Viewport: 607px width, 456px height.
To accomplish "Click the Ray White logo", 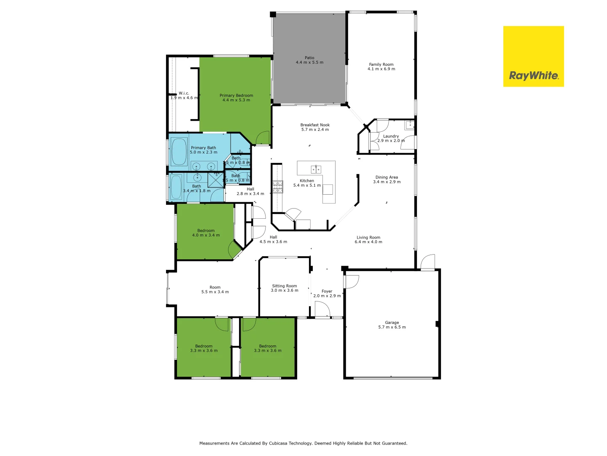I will click(533, 57).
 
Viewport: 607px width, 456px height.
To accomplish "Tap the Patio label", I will click(309, 60).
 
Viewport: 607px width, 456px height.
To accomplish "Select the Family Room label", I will click(381, 67).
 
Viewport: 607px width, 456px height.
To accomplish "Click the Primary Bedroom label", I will click(236, 98).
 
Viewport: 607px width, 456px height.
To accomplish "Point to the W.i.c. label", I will click(184, 95).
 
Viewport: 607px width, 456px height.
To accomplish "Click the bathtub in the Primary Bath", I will click(179, 151).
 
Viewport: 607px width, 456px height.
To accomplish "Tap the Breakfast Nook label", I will click(315, 127).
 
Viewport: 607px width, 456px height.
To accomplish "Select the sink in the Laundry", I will click(409, 125).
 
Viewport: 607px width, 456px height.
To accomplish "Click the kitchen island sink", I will click(316, 169).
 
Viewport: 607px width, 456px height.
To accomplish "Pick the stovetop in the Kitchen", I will click(277, 186).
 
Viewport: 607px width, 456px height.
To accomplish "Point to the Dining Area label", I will click(387, 179).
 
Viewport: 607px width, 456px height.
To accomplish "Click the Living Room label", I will click(368, 239).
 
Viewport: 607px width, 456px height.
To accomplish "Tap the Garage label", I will click(392, 325).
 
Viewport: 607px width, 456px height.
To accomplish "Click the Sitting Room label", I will click(284, 288).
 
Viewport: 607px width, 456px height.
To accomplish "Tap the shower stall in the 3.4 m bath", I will click(216, 179).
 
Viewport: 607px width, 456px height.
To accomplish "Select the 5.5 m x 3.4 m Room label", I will click(215, 289).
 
